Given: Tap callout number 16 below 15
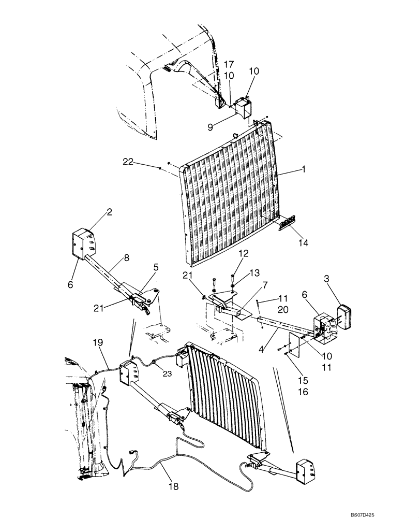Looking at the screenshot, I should click(x=303, y=392).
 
